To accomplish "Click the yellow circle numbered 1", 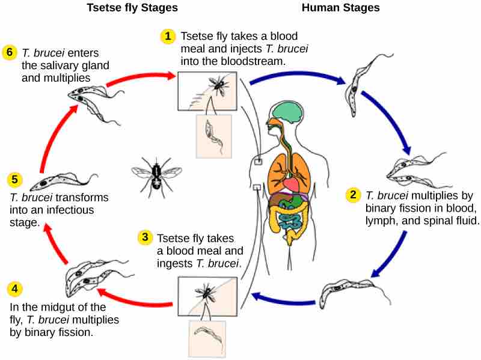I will click(x=168, y=37).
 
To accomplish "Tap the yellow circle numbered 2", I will click(x=354, y=195).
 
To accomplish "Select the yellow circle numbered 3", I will click(x=144, y=237).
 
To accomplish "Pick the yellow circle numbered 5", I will click(x=16, y=178).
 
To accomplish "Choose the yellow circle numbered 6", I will click(x=8, y=52).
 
